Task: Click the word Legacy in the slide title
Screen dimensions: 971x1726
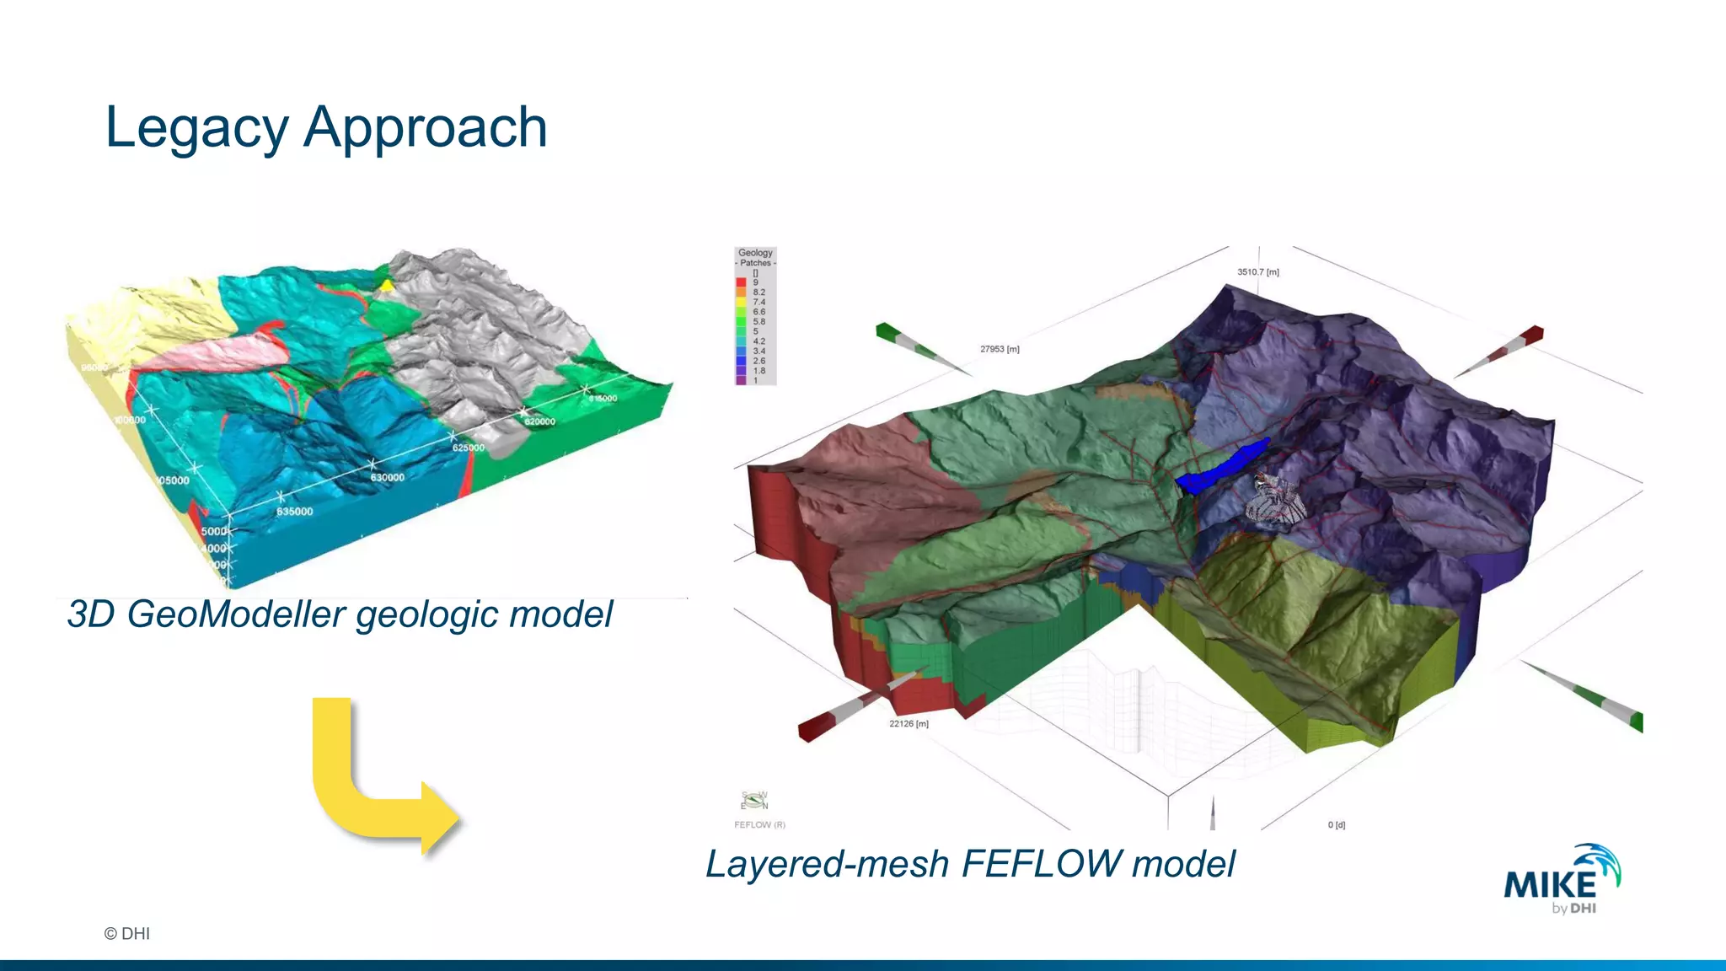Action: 196,128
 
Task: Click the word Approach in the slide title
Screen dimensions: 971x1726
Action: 426,128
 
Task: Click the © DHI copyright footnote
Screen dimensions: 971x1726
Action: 127,933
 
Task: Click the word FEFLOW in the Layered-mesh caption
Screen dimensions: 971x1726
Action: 1040,864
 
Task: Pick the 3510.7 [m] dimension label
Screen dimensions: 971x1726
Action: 1257,272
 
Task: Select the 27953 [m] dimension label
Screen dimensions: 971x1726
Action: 1000,349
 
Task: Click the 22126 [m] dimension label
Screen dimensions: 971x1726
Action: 909,724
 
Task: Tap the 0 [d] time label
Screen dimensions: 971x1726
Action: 1337,824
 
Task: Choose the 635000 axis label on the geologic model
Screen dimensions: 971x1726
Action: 295,512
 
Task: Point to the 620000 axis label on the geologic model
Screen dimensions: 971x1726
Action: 539,421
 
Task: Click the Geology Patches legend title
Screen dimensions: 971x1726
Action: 755,257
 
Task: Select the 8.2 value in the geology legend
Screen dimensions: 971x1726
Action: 758,292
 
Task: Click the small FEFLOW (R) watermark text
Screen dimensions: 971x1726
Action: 759,824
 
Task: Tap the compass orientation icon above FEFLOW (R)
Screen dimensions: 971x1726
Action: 754,800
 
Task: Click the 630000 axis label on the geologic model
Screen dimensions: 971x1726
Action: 388,478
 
